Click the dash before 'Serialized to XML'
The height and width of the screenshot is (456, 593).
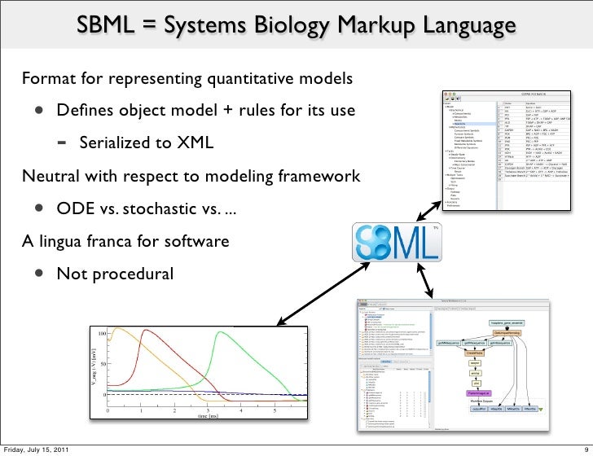(62, 144)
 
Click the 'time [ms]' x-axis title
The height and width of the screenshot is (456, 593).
(208, 416)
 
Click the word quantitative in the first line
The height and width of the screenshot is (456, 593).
(257, 81)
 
